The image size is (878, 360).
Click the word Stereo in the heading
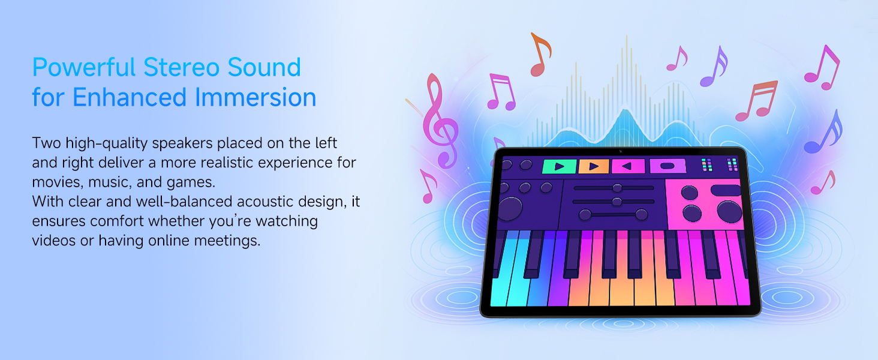point(182,67)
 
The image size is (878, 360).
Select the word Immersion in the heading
point(255,97)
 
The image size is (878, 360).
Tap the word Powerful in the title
point(84,67)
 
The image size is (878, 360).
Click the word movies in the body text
point(58,182)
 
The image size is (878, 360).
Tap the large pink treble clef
point(440,122)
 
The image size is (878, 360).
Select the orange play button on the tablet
point(594,166)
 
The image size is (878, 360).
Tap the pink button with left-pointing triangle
point(628,166)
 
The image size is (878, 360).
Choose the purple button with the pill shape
point(667,166)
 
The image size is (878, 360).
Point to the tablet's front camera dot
point(621,151)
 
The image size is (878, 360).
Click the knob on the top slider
point(617,188)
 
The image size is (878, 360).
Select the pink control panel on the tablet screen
point(704,205)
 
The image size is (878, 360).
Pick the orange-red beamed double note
point(756,101)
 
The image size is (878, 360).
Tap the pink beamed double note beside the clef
point(501,92)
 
